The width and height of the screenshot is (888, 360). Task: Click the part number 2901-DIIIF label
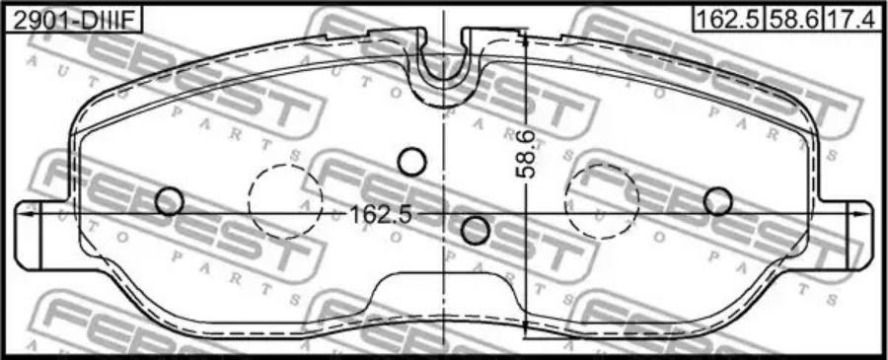(71, 21)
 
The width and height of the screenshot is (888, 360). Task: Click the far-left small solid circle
(170, 201)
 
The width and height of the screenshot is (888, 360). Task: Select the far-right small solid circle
(718, 201)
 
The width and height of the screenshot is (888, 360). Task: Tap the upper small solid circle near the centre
(411, 162)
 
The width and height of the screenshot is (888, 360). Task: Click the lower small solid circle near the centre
(476, 230)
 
